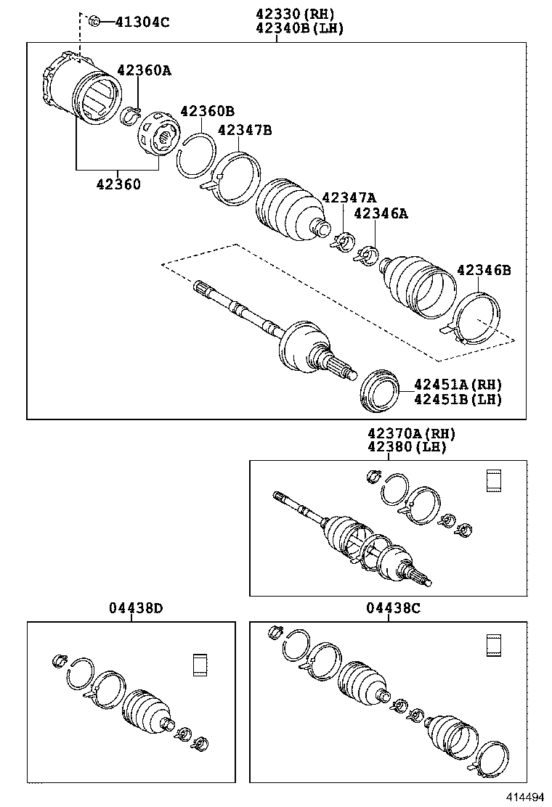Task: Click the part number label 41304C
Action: [143, 22]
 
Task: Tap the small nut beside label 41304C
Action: [94, 21]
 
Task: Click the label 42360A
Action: [144, 70]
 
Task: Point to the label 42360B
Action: [207, 111]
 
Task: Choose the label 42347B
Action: [245, 130]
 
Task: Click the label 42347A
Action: [349, 198]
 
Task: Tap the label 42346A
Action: [381, 213]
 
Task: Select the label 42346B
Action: [484, 271]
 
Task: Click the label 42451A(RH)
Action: [458, 384]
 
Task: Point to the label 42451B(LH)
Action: [458, 399]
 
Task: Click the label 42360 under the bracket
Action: [118, 184]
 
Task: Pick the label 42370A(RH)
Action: [410, 433]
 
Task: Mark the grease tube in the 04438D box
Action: [200, 665]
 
